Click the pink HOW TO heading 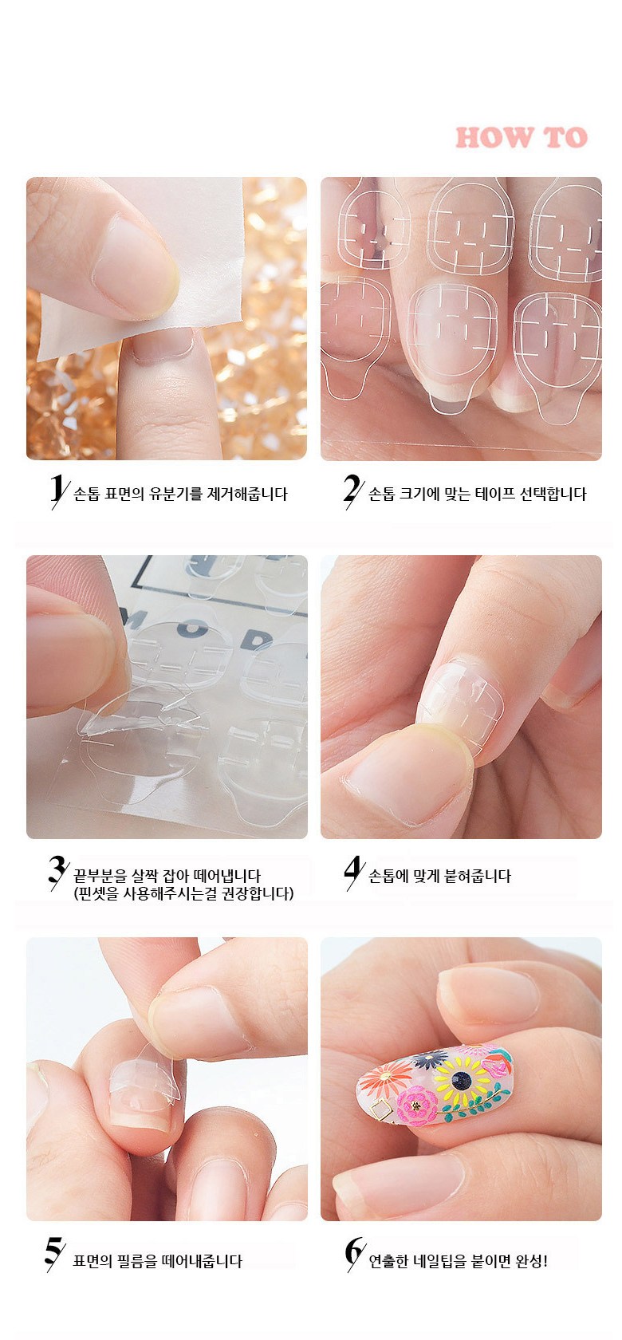pos(521,137)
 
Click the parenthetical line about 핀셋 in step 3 pos(183,893)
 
